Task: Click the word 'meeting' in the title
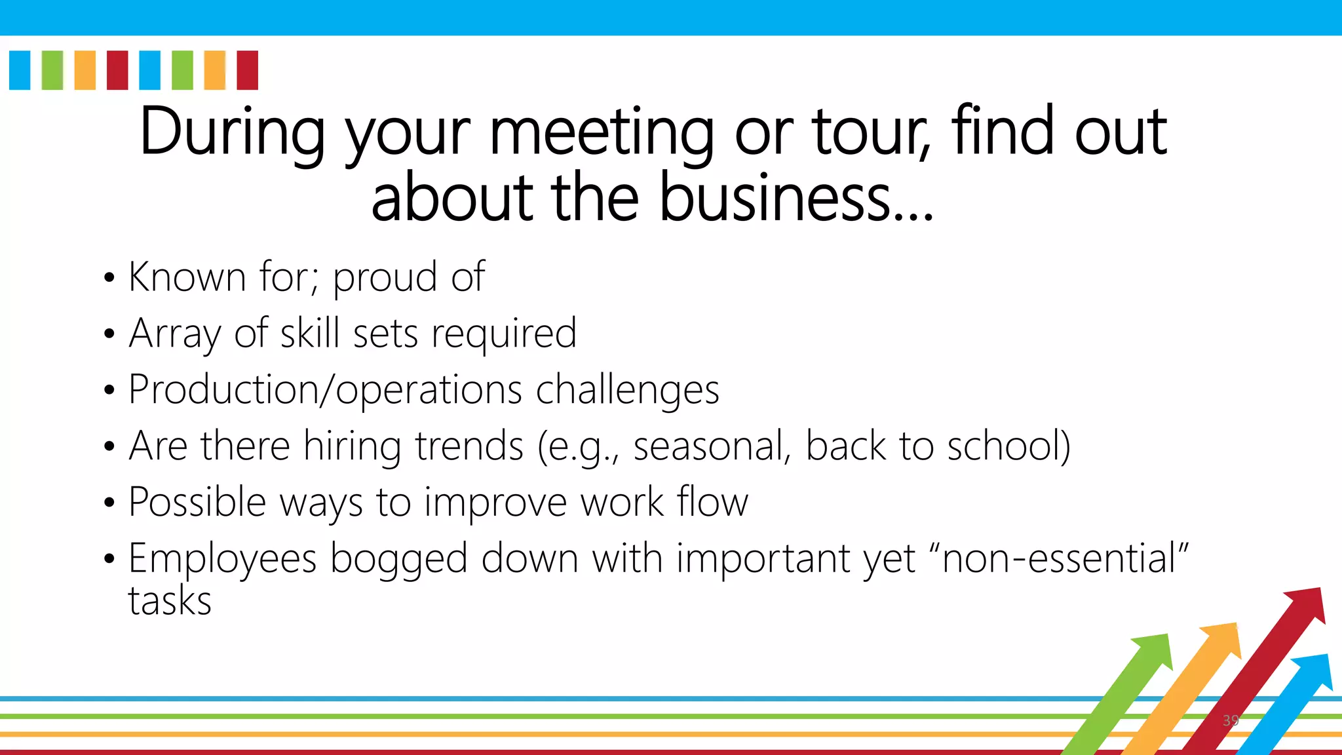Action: [x=602, y=134]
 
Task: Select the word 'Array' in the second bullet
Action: [x=175, y=334]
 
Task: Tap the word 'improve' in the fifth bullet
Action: [x=495, y=503]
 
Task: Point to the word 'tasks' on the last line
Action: [x=170, y=601]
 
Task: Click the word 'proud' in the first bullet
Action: [x=385, y=278]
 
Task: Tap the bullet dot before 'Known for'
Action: [x=109, y=279]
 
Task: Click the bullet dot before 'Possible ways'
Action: [x=109, y=503]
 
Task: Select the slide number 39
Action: [x=1230, y=720]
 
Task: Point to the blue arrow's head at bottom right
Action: [x=1314, y=670]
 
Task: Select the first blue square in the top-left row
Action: [x=20, y=70]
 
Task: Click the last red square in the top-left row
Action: [x=247, y=70]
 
